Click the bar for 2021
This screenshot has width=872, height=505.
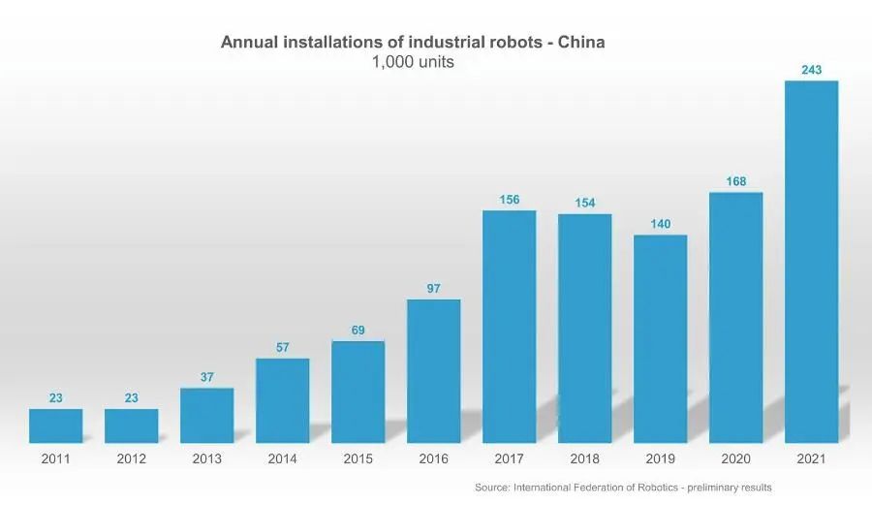(x=811, y=262)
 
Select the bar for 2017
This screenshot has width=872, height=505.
(x=509, y=327)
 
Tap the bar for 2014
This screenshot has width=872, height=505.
(x=282, y=400)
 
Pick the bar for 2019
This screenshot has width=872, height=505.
(x=660, y=338)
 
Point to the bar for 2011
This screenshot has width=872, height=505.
(x=55, y=426)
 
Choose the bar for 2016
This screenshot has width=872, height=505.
(x=433, y=370)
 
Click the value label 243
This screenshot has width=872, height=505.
(x=811, y=70)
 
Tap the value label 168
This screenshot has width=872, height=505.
(x=735, y=181)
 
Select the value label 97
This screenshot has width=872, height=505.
(x=433, y=289)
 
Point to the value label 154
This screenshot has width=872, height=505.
(x=584, y=203)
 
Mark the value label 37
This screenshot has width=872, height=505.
(x=206, y=377)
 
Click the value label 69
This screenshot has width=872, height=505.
(x=358, y=331)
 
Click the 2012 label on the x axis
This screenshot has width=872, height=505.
(x=131, y=459)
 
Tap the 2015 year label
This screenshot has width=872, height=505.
(x=358, y=459)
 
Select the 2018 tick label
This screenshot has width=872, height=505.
(x=584, y=459)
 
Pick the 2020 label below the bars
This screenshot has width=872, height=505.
(x=735, y=459)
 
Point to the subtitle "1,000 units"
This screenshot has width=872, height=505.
(x=413, y=62)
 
